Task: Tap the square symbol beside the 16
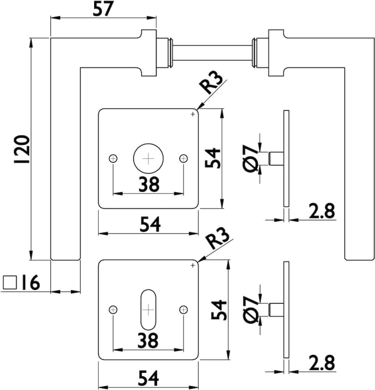[x=10, y=282]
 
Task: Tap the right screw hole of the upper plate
[x=183, y=158]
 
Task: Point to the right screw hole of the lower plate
[x=183, y=309]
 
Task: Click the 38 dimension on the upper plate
[x=148, y=184]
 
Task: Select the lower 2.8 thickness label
[x=321, y=364]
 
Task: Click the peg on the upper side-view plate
[x=275, y=159]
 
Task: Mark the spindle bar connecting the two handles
[x=212, y=52]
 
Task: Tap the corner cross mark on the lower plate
[x=193, y=265]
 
